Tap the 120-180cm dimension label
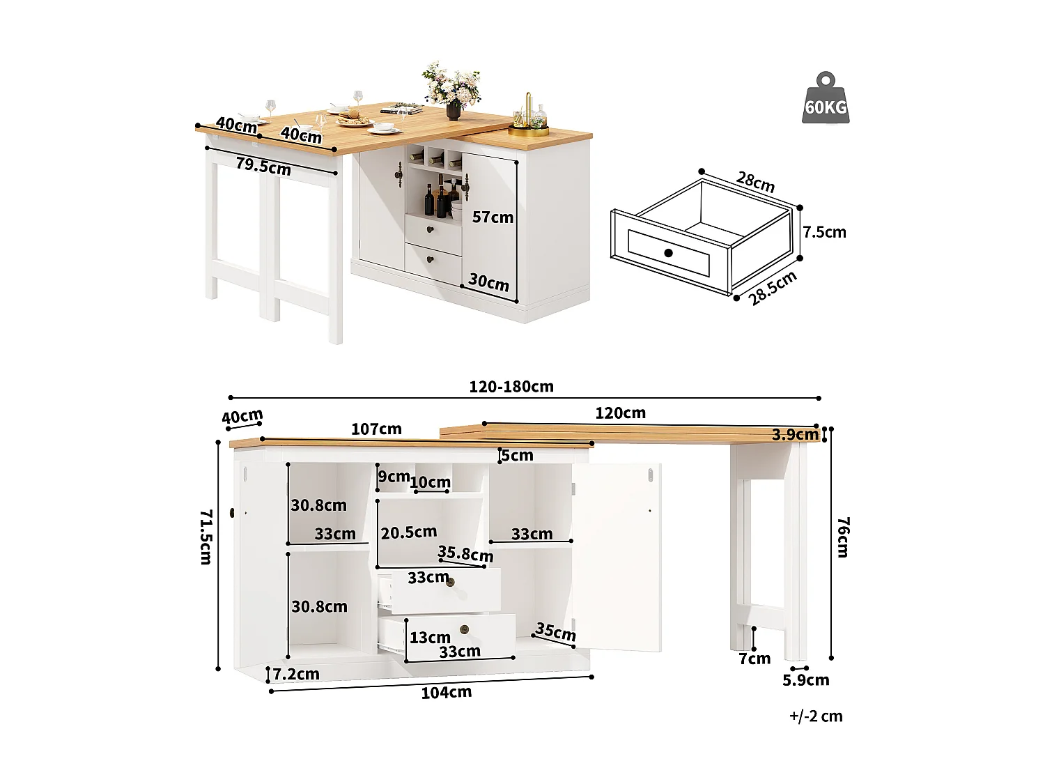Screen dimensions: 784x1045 [511, 387]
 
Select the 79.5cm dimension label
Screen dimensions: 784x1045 [263, 167]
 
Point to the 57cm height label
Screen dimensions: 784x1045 [493, 217]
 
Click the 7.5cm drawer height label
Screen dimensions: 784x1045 [824, 232]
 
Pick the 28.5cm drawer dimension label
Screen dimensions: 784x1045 [773, 289]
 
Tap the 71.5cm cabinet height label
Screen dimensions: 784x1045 [206, 537]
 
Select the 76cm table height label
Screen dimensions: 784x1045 [842, 537]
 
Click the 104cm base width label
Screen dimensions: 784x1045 [446, 693]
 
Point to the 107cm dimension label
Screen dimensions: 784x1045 [376, 429]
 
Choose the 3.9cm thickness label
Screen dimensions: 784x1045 [795, 435]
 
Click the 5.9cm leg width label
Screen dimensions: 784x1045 [806, 680]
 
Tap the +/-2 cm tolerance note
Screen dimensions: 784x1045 [816, 716]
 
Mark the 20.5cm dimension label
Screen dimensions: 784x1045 [409, 532]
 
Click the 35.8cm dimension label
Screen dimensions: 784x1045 [465, 554]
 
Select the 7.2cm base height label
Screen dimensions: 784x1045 [296, 674]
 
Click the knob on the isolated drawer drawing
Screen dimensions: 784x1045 [669, 253]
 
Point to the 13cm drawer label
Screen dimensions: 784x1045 [430, 638]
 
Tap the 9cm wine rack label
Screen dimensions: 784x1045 [394, 477]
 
